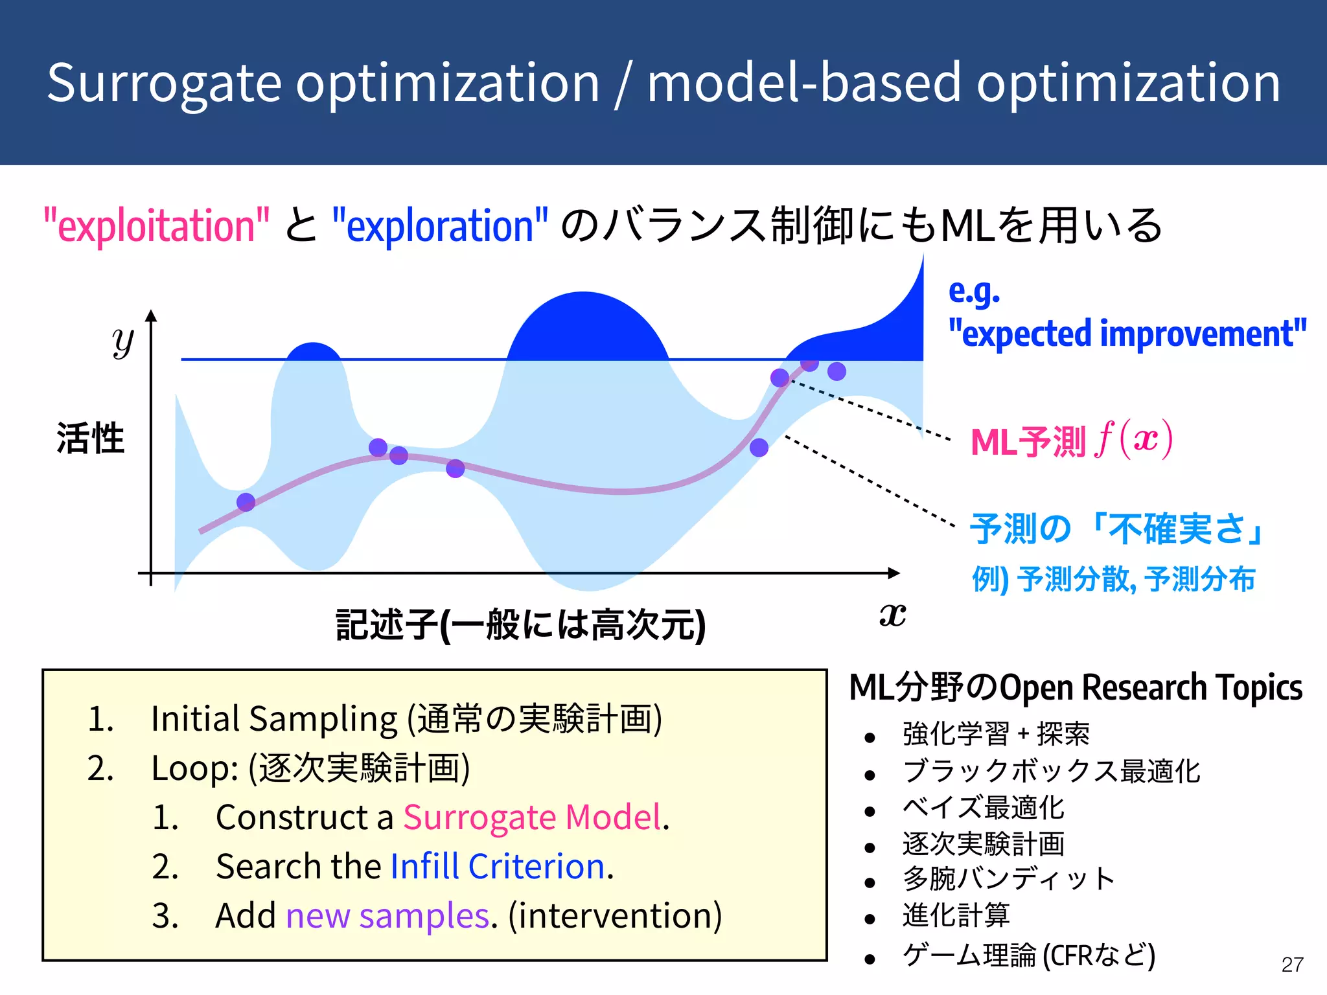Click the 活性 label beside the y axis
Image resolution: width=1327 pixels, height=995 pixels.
pos(90,439)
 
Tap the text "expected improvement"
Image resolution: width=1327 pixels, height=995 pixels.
pos(1127,334)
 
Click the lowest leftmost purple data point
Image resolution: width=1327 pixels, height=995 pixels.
pos(246,502)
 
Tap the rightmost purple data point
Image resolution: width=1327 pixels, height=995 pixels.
pos(837,371)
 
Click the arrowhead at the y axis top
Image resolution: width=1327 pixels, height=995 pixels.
pos(151,315)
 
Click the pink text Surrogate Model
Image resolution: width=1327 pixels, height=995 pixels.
pos(532,817)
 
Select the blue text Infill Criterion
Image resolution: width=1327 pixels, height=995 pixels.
pos(498,866)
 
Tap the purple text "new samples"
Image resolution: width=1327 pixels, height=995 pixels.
pos(387,915)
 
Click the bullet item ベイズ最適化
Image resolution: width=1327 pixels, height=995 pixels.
pos(983,808)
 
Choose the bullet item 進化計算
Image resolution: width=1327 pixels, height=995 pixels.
pos(956,915)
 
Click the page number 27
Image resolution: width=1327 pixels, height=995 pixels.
pos(1292,965)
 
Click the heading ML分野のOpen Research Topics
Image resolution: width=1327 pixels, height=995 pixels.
pos(1076,687)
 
